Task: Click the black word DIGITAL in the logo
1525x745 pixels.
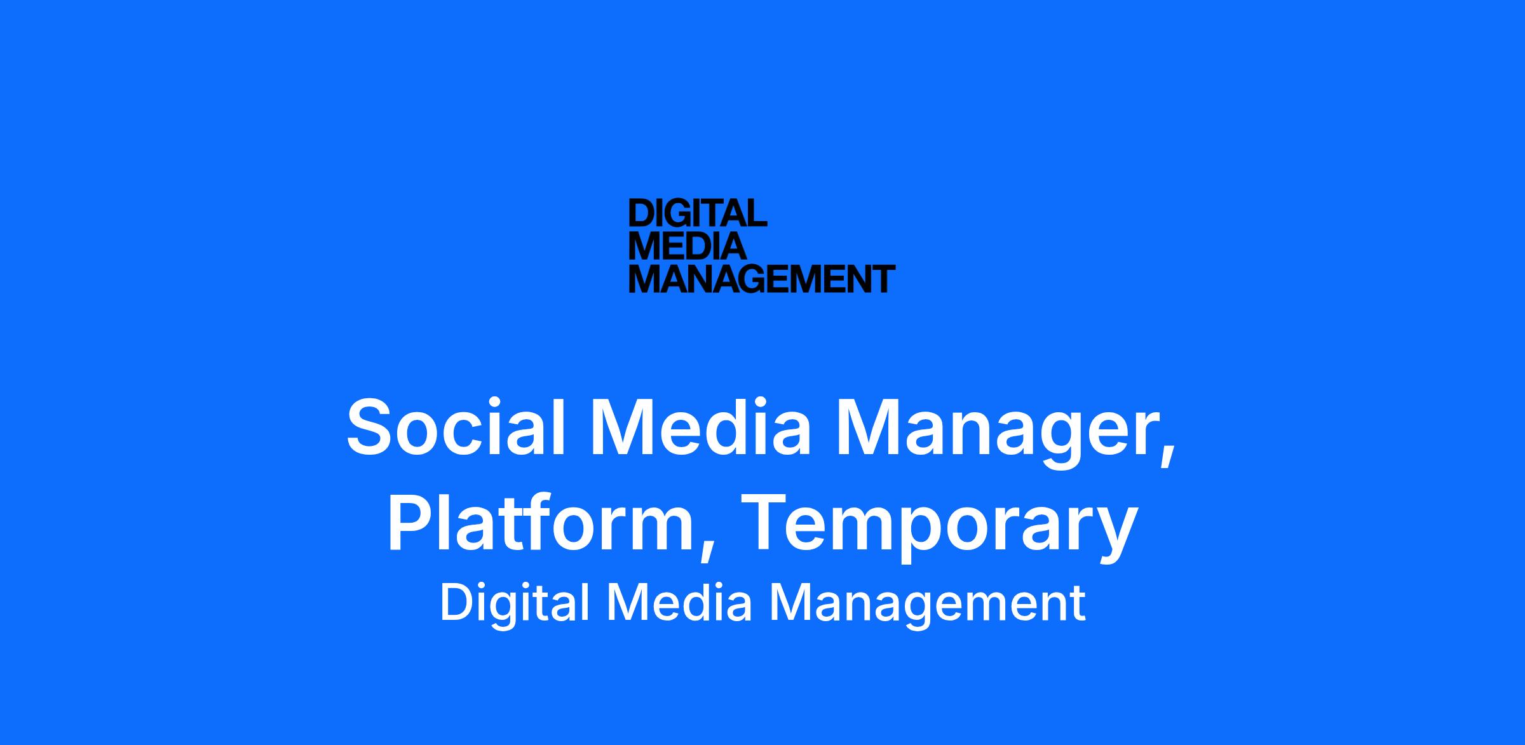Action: click(x=698, y=213)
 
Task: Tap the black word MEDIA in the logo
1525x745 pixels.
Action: click(x=688, y=246)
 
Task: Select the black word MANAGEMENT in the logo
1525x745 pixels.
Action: click(x=762, y=279)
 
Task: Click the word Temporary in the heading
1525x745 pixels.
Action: click(x=938, y=527)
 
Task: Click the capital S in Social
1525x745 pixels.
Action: click(x=372, y=426)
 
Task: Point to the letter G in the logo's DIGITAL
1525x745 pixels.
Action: click(x=685, y=213)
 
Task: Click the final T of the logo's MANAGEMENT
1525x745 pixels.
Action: click(x=884, y=279)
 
